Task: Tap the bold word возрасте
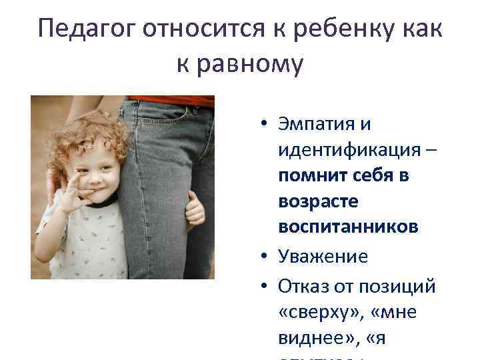[311, 201]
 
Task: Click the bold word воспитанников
[348, 227]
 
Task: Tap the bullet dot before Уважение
[265, 257]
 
